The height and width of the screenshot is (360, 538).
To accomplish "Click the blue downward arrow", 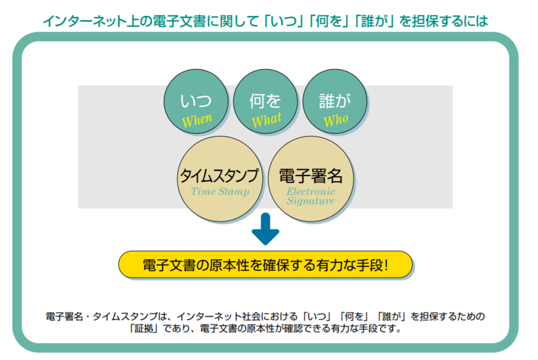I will point(266,229).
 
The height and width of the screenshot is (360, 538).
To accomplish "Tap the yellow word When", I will point(196,119).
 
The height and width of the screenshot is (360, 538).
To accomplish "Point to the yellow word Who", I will point(335,120).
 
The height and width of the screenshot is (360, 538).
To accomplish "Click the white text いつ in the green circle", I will point(196,101).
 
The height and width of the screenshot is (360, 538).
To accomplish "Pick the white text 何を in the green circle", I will point(265,101).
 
